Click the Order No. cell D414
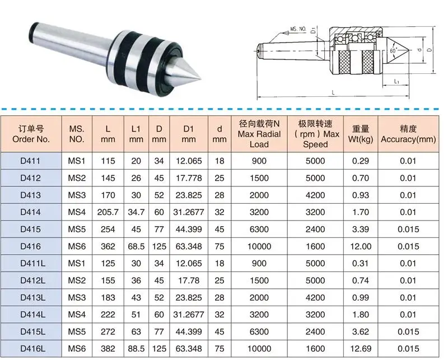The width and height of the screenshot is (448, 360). click(31, 212)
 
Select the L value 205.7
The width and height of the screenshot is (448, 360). click(108, 212)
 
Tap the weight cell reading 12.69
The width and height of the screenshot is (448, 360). click(361, 349)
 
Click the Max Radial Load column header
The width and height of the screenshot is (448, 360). click(259, 134)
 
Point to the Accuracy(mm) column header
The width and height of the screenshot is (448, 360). click(408, 134)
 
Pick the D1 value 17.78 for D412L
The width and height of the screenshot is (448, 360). click(189, 280)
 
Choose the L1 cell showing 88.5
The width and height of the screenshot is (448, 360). click(136, 349)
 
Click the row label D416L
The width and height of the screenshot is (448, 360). click(33, 349)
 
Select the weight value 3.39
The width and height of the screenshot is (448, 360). click(361, 229)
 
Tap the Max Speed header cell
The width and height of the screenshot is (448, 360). click(315, 134)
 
